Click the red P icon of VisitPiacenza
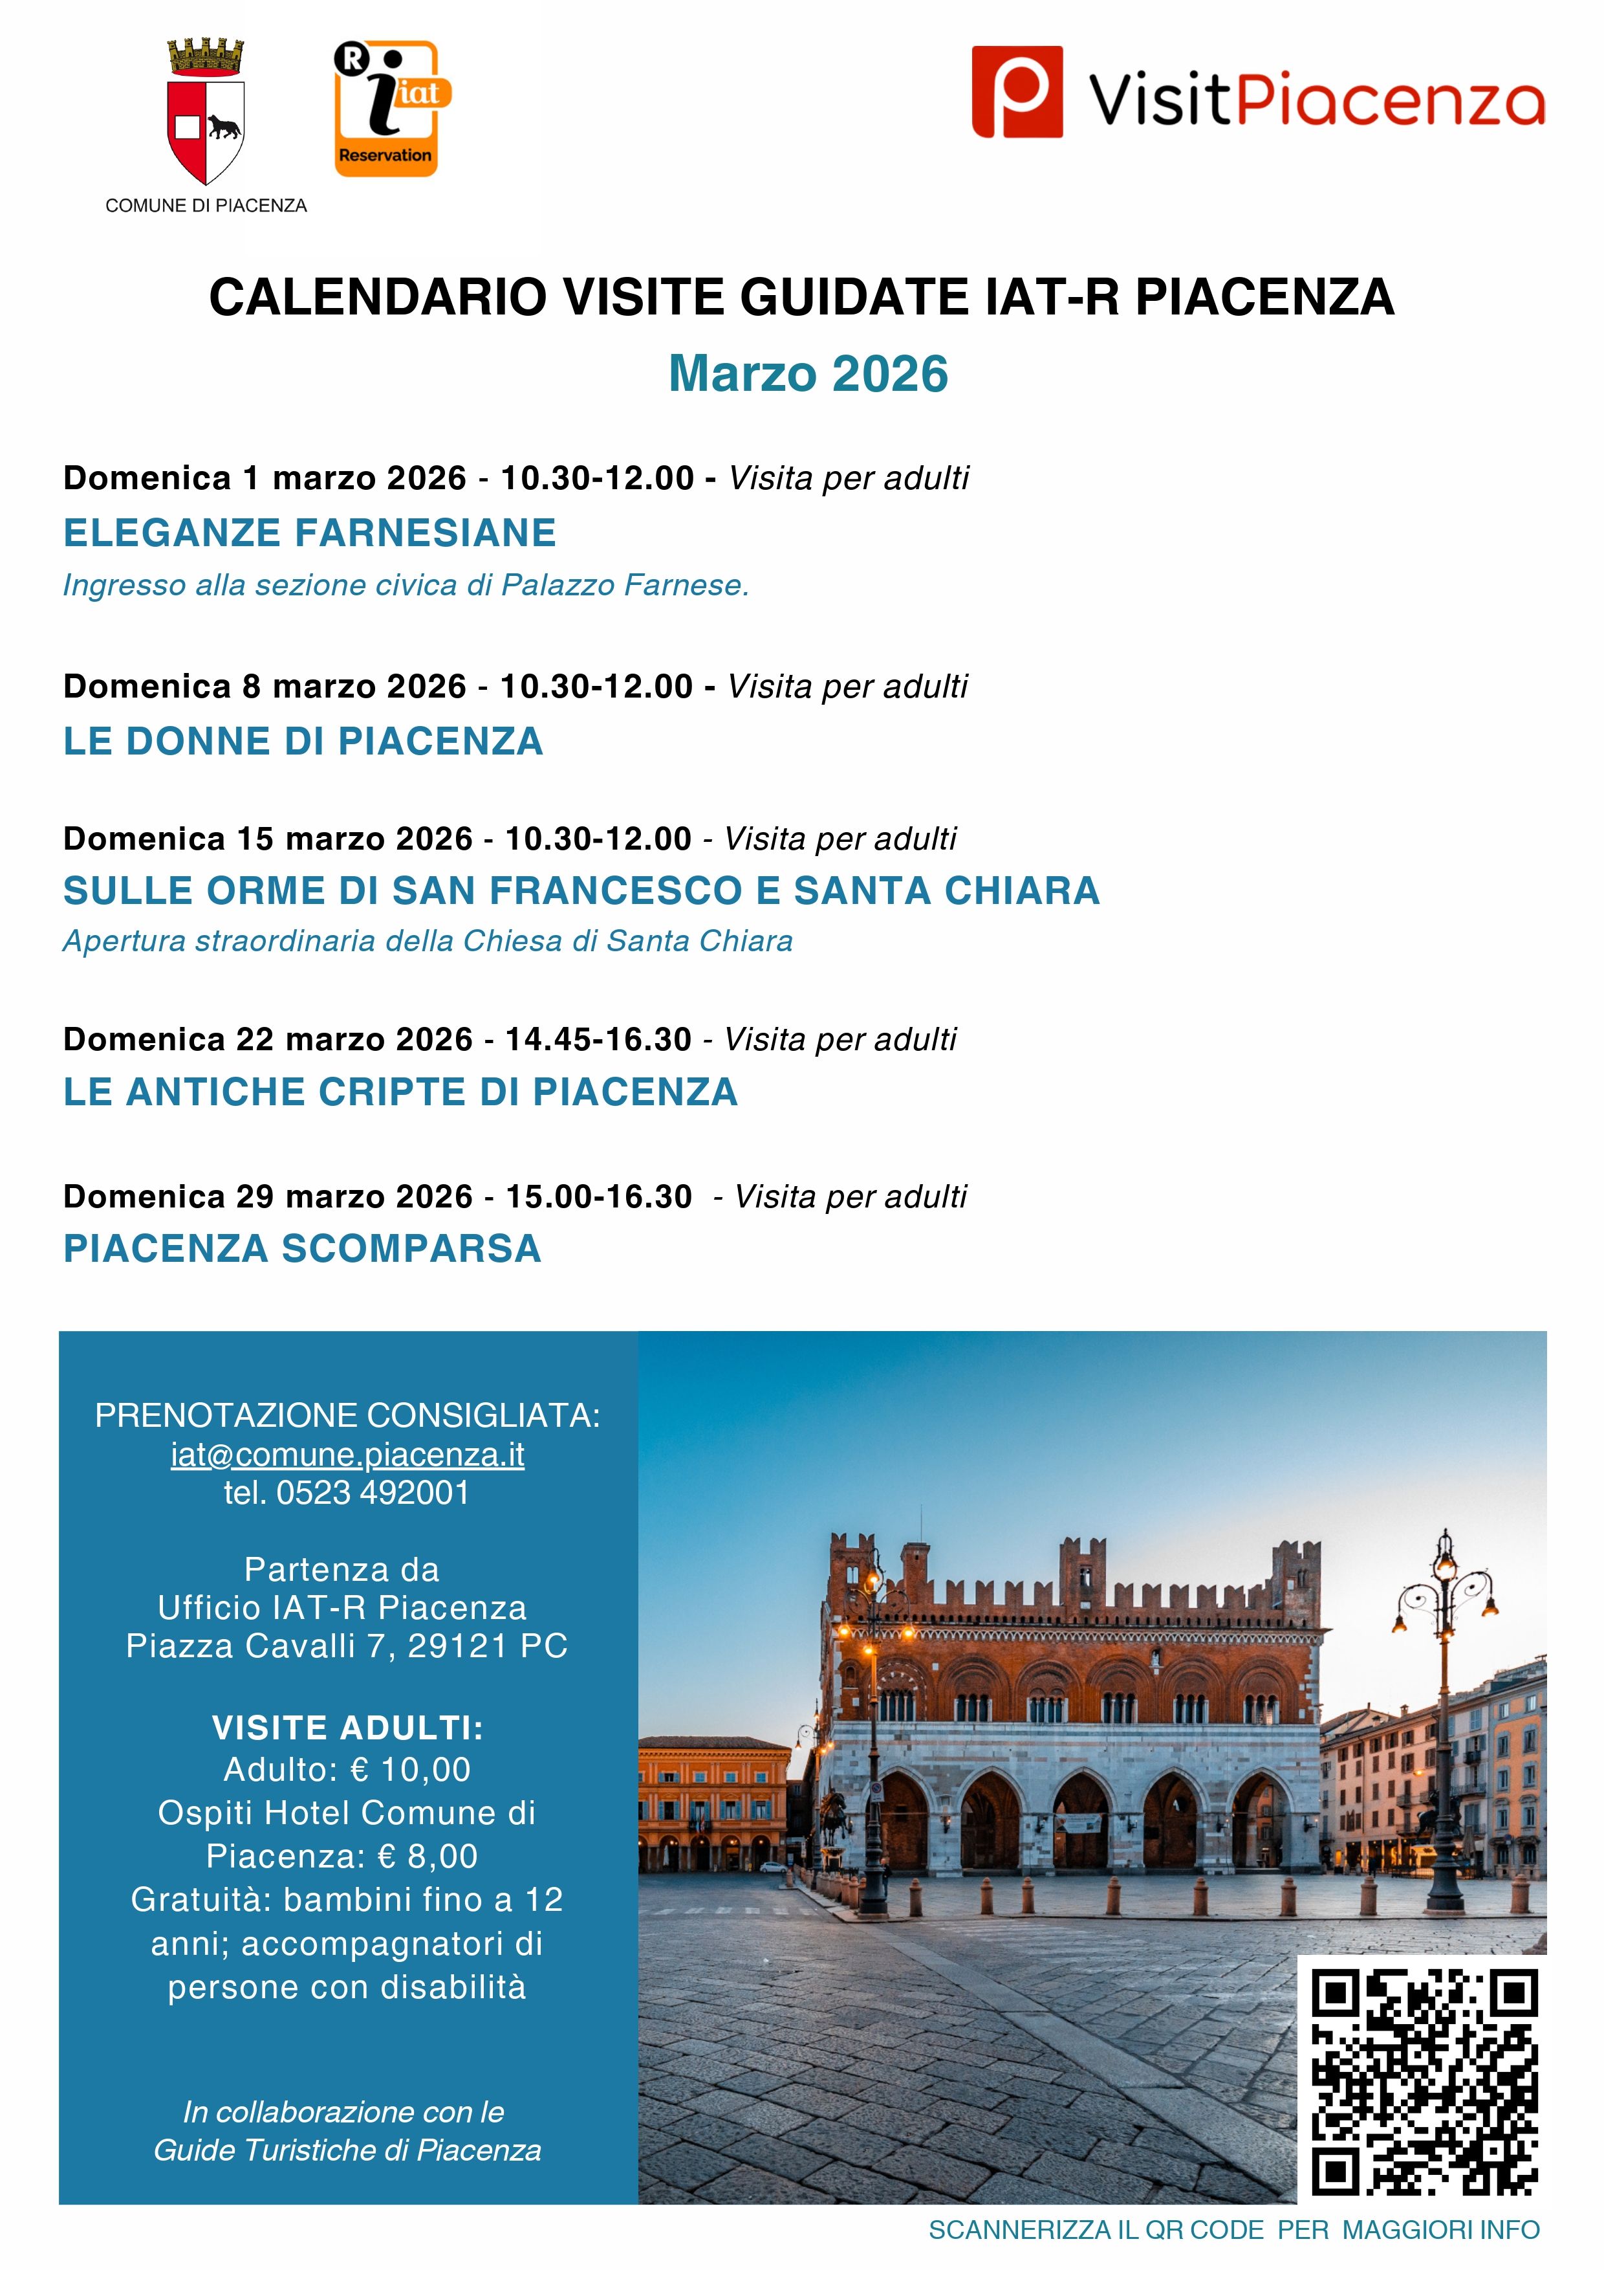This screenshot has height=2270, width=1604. click(1017, 92)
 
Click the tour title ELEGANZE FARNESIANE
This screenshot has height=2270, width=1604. click(309, 533)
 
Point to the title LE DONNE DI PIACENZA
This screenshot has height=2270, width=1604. click(303, 742)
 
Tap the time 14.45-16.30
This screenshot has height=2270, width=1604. click(598, 1039)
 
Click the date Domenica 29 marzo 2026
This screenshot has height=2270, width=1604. click(268, 1196)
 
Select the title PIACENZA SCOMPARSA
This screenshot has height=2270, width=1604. click(303, 1249)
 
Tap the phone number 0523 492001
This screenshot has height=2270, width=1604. click(373, 1493)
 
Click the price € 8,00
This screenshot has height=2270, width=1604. click(428, 1856)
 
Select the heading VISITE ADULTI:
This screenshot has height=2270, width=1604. click(347, 1727)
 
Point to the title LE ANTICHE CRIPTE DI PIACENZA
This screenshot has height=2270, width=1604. click(400, 1092)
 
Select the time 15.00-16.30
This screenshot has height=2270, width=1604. click(599, 1196)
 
